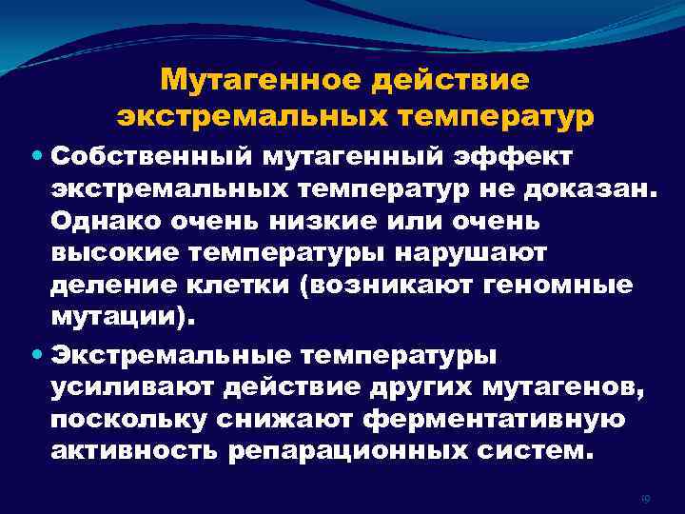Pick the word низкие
point(321,220)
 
